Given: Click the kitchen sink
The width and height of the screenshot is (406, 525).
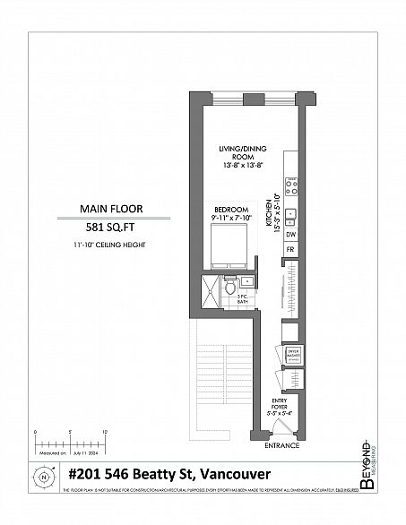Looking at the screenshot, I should coord(291,214).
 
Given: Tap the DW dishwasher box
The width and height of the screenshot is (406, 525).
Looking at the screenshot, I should coord(290,237).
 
